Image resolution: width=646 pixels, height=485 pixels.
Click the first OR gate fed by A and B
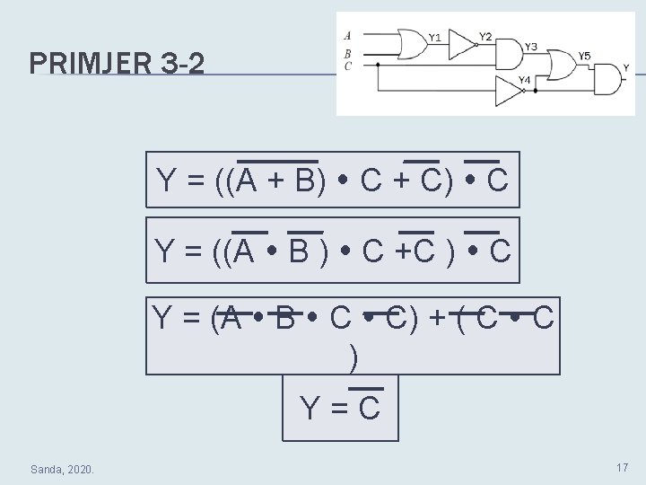tap(412, 42)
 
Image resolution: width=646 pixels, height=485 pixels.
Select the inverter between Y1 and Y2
tap(460, 42)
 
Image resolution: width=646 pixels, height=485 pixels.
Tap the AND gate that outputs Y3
tap(509, 54)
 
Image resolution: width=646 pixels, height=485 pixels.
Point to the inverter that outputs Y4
tap(509, 91)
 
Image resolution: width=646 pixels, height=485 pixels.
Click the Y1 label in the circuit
tap(434, 38)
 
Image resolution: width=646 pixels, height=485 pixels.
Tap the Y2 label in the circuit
tap(484, 36)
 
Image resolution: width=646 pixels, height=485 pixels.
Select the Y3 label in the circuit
tap(531, 47)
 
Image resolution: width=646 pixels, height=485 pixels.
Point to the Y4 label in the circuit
tap(525, 81)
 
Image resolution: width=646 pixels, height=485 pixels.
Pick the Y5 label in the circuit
tap(584, 57)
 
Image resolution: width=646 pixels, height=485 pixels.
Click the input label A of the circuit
tap(347, 36)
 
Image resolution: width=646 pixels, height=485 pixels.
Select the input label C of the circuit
tap(347, 65)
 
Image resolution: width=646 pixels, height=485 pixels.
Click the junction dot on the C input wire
tap(378, 65)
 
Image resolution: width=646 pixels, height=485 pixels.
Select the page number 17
tap(621, 468)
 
